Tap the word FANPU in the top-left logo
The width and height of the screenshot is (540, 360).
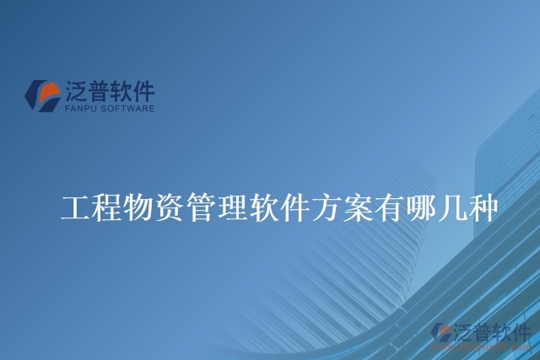[x=79, y=109]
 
